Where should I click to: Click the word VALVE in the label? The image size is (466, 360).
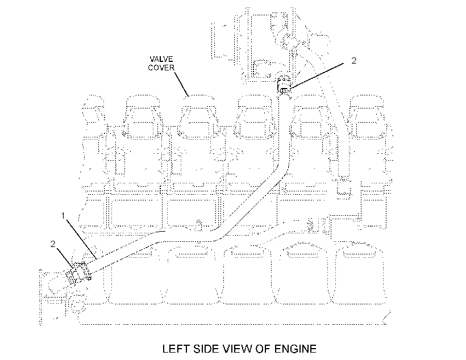pos(161,59)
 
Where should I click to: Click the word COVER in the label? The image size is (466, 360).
pos(161,68)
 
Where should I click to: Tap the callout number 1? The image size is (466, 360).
pos(63,216)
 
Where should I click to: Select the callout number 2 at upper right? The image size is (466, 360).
pos(353,61)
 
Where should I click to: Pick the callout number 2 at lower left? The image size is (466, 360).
pos(53,244)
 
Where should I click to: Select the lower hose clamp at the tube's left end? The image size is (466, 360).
pos(78,272)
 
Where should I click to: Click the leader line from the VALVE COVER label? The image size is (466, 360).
pos(181,83)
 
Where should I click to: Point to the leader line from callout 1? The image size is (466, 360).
pos(81,239)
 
